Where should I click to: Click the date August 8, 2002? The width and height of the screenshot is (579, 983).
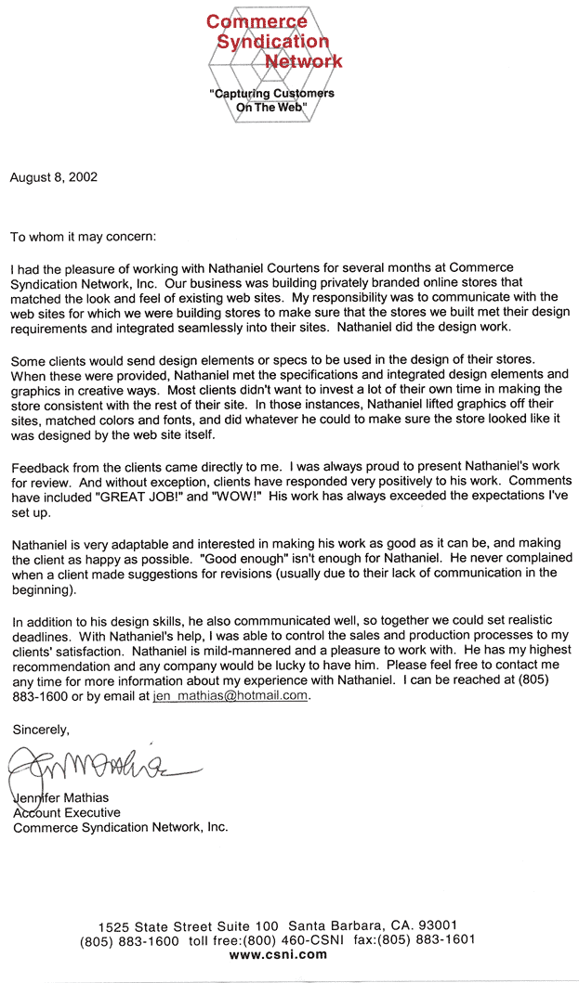click(54, 176)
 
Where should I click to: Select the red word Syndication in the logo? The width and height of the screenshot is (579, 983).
click(272, 42)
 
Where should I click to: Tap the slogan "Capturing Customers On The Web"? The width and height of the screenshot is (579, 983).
click(270, 100)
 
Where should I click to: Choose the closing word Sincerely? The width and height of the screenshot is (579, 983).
click(41, 729)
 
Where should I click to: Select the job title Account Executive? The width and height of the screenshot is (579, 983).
click(66, 812)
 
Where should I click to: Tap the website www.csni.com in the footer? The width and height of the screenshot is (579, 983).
click(278, 954)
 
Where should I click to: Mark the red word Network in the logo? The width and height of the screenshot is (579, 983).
click(304, 62)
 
